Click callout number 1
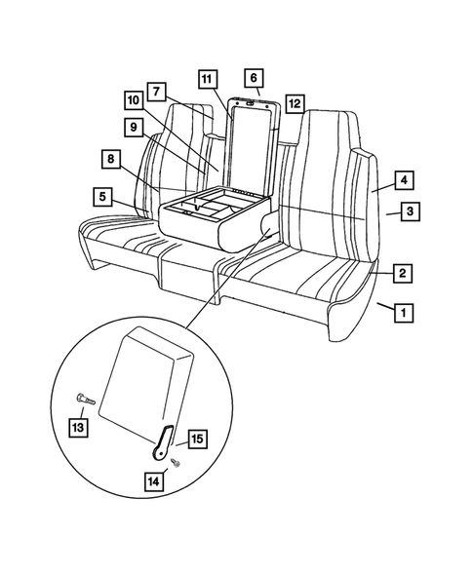(402, 313)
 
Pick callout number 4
(402, 180)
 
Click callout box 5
(102, 196)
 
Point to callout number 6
(254, 76)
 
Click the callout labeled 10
(134, 99)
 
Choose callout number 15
(195, 440)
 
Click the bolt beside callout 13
(82, 398)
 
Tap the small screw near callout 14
(174, 461)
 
